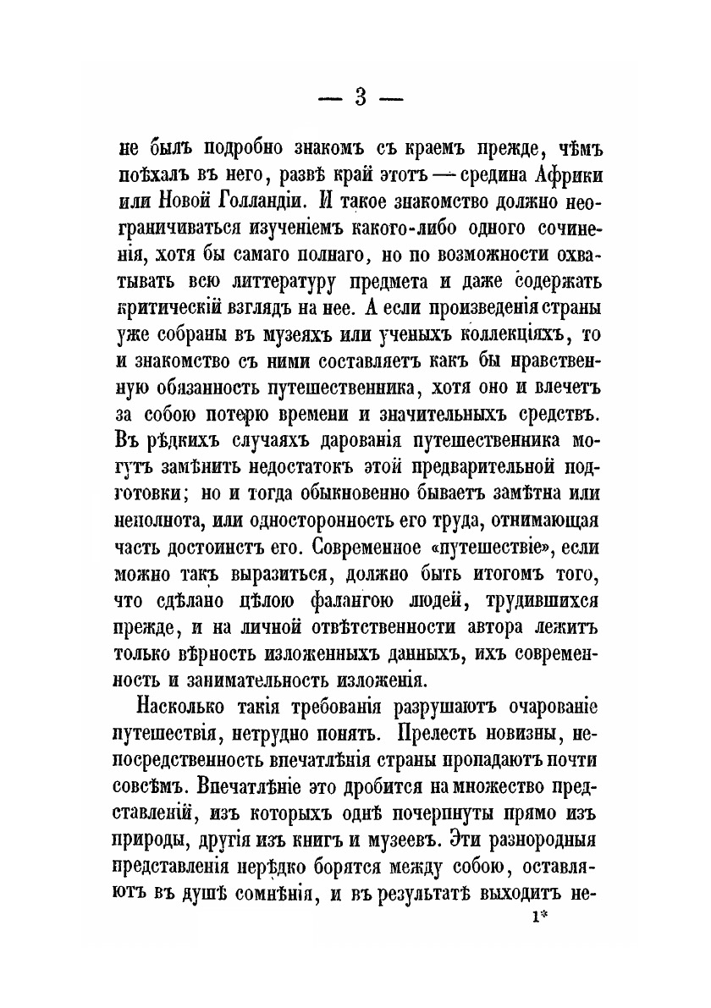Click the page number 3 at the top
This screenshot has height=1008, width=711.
pos(360,97)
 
